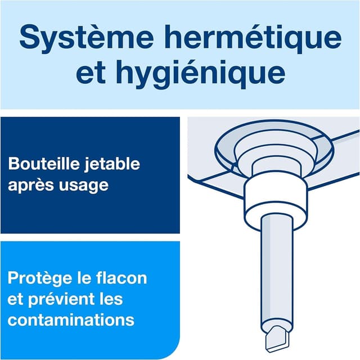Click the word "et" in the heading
click(x=91, y=73)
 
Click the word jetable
click(x=111, y=164)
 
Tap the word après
click(x=31, y=185)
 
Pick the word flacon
click(x=121, y=277)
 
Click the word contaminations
click(x=71, y=319)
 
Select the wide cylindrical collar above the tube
click(x=276, y=197)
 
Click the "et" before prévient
click(x=16, y=300)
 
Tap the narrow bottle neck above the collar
click(x=276, y=168)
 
